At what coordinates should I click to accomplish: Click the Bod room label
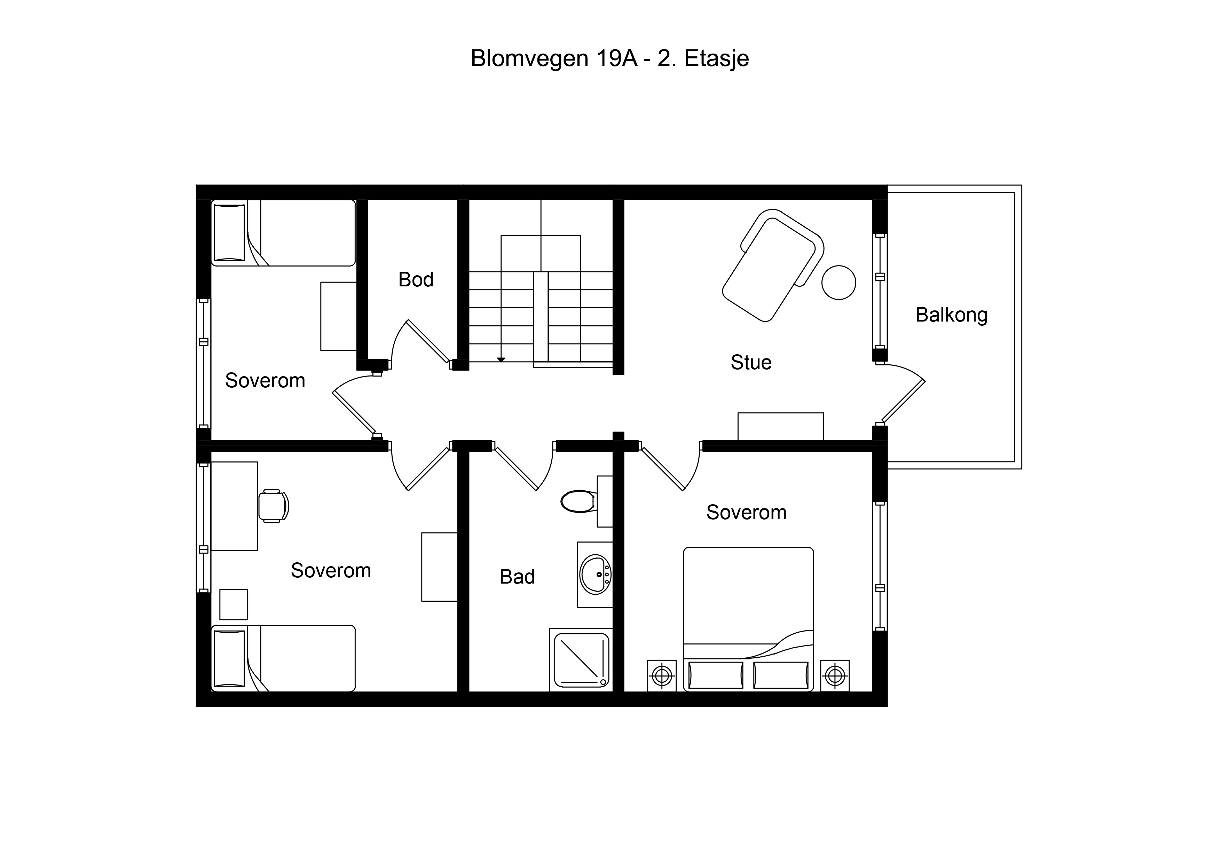[x=416, y=280]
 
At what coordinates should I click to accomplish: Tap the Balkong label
[x=951, y=315]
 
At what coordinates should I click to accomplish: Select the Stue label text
[x=751, y=363]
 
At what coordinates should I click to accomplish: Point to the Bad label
[x=517, y=577]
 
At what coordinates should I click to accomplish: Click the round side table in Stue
[x=838, y=282]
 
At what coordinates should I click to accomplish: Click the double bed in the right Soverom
[x=748, y=619]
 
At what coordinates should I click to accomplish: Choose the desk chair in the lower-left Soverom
[x=273, y=506]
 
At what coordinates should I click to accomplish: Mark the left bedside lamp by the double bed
[x=662, y=676]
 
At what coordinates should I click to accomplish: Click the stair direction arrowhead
[x=501, y=360]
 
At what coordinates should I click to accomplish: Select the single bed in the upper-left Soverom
[x=283, y=233]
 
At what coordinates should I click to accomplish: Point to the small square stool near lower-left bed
[x=234, y=604]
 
